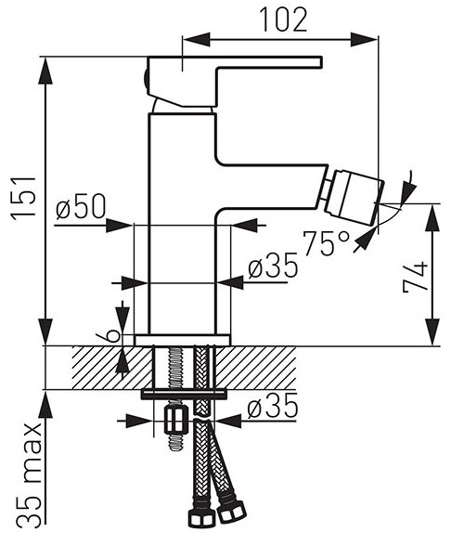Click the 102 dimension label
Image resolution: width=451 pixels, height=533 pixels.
[x=284, y=19]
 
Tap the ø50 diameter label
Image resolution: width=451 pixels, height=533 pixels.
[x=81, y=206]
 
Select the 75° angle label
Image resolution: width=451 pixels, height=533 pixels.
[x=326, y=242]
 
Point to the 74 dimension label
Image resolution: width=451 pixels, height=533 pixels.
[x=415, y=277]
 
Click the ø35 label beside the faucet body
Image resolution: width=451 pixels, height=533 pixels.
[x=273, y=266]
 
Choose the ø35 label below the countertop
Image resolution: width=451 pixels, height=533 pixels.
[x=273, y=406]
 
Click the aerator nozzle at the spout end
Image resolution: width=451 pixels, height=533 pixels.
[x=354, y=198]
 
